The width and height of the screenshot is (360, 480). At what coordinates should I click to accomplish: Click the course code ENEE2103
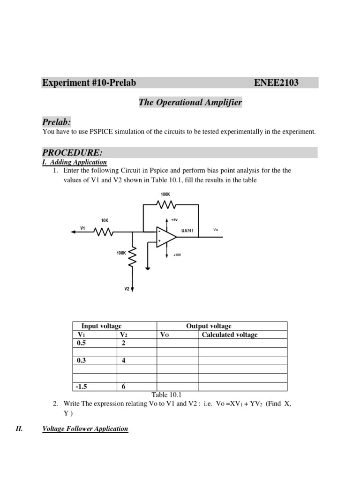276,83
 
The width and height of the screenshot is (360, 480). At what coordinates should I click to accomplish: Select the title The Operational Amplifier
190,102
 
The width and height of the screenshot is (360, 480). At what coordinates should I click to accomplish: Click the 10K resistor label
105,220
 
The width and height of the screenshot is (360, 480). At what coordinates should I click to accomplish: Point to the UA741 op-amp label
187,231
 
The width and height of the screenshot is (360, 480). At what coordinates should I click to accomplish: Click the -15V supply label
174,220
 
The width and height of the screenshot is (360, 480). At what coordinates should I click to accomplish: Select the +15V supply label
177,255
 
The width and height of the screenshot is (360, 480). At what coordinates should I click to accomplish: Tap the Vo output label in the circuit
216,230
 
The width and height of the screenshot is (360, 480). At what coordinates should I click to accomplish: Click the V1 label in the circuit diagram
82,228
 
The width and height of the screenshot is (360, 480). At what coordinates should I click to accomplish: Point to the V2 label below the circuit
127,289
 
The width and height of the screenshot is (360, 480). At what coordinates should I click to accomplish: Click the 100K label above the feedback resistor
165,194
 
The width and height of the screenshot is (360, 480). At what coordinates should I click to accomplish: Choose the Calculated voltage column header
230,335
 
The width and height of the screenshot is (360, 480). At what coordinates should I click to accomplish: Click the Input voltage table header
101,326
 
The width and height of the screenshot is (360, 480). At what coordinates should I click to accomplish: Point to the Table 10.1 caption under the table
166,395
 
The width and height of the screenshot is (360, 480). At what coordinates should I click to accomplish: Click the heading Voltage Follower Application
85,428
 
